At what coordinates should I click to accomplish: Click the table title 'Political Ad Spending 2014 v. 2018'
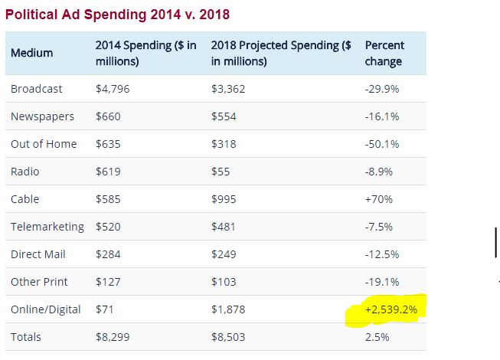118,14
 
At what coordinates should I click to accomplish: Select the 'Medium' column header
32,53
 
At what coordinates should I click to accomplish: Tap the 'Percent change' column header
384,53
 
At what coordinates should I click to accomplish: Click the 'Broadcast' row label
37,89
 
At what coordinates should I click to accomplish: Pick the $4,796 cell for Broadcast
112,89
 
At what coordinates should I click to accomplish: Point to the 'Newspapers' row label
43,116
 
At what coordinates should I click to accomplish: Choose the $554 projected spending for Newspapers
224,116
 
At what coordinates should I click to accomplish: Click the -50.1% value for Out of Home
382,144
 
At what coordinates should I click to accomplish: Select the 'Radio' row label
25,172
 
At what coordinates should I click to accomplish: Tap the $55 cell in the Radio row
221,172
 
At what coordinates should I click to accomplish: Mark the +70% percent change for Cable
379,199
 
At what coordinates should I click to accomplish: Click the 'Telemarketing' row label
47,227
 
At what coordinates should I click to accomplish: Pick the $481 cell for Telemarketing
224,227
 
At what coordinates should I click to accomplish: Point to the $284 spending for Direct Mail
109,254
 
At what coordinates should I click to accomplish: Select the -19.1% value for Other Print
382,282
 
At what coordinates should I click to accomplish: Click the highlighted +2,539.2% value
392,310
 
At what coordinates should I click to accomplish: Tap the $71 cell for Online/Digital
106,309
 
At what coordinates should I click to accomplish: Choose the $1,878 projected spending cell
227,309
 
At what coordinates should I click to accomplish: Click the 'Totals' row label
26,337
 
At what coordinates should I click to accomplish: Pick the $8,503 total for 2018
227,337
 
